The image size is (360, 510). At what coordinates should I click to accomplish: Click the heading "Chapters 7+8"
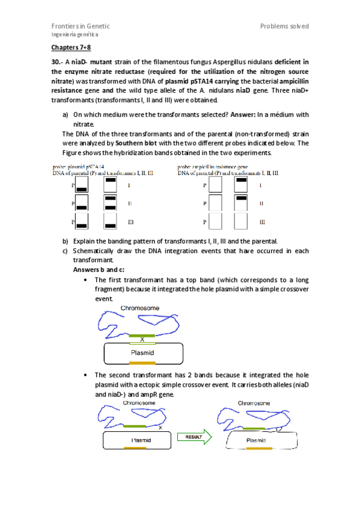70,48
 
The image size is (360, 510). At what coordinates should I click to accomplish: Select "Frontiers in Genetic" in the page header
80,26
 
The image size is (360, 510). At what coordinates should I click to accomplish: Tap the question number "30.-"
56,61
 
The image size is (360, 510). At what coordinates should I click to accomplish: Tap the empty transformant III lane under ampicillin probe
240,222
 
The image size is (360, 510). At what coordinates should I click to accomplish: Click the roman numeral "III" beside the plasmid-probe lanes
130,222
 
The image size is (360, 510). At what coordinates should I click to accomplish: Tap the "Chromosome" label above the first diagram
140,308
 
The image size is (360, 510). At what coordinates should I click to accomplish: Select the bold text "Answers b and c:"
99,269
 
